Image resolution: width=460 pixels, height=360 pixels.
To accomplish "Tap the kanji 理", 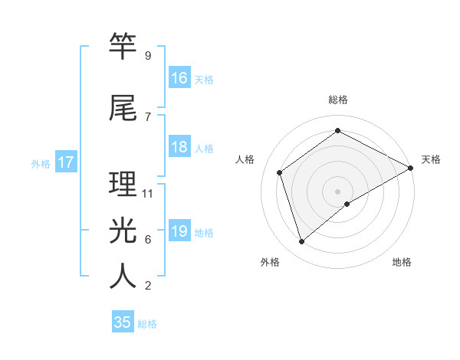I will [123, 185].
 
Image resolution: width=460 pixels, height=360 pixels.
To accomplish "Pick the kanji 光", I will [123, 230].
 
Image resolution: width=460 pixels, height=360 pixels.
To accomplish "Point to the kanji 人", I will [123, 277].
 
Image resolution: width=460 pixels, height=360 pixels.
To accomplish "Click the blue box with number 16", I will [179, 78].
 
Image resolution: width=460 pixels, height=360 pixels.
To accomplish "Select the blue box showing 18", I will [179, 147].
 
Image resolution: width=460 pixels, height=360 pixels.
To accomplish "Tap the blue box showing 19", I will [179, 231].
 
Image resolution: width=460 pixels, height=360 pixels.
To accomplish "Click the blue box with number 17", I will [66, 162].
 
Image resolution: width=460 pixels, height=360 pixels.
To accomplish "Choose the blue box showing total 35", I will [123, 322].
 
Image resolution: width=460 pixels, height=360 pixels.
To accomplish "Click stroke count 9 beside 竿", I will [147, 56].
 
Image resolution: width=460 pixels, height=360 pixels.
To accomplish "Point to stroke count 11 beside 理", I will [148, 194].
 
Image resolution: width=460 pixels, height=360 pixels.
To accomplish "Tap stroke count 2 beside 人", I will [147, 286].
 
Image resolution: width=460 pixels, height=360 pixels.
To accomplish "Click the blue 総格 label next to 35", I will [147, 324].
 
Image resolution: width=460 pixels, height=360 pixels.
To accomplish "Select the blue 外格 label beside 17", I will [41, 163].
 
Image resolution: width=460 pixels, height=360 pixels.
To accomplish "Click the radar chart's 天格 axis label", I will [431, 159].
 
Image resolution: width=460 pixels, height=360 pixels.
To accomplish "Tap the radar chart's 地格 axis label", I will [402, 262].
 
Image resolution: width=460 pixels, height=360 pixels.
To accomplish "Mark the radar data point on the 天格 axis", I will [411, 169].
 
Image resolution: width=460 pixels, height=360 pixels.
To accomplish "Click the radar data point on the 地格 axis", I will [347, 204].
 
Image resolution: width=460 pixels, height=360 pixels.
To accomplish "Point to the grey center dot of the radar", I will [337, 191].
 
